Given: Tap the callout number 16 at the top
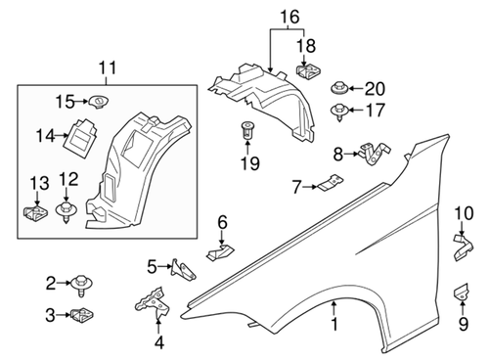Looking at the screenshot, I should pyautogui.click(x=287, y=17).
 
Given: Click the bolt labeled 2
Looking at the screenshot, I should pyautogui.click(x=80, y=285).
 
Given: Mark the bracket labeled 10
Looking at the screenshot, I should pyautogui.click(x=461, y=244).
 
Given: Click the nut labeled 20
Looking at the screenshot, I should pyautogui.click(x=341, y=86).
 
